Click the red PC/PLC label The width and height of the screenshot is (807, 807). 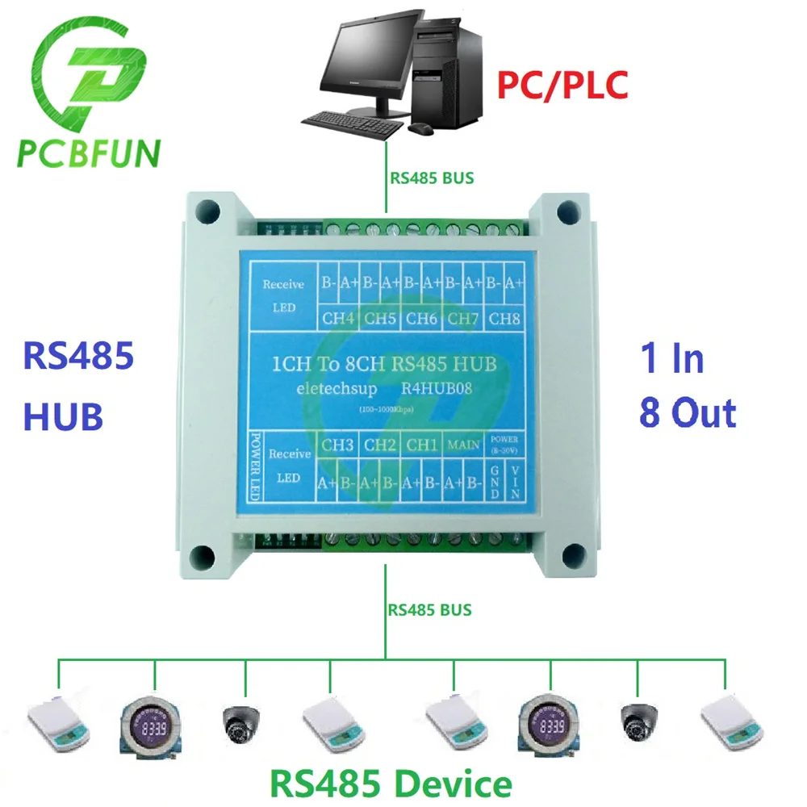(562, 84)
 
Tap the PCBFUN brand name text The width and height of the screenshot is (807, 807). (88, 153)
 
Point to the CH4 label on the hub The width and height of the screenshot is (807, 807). (339, 318)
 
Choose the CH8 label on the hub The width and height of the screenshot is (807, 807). (505, 318)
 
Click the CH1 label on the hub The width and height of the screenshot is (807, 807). (422, 444)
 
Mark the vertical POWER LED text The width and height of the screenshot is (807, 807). (254, 468)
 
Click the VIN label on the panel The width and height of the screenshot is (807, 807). (516, 481)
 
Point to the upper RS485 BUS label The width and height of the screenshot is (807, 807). (432, 178)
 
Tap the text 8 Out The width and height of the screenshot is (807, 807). (687, 412)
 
